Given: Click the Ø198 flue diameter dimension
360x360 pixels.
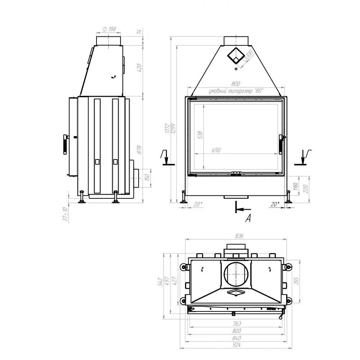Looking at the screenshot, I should point(109,29).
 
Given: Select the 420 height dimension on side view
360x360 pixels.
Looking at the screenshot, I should point(140,67).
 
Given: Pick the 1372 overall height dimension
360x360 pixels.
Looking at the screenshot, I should point(167,129).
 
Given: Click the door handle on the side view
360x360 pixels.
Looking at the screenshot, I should point(65,144).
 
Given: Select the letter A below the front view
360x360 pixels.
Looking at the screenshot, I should point(248,218).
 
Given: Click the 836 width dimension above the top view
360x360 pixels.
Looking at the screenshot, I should point(239,236).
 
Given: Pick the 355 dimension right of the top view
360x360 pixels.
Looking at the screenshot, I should point(297,281).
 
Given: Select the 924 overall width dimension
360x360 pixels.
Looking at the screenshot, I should point(237,345).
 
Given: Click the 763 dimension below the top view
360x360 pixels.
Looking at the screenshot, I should point(237,324).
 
